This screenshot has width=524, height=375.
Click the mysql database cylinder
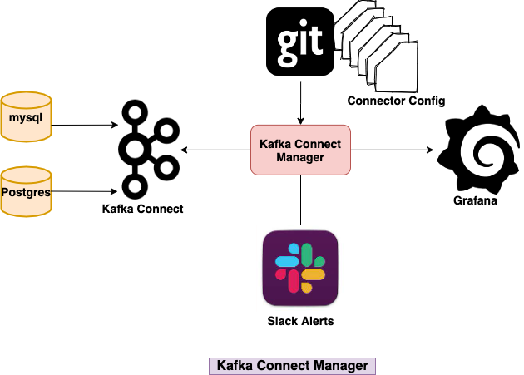(x=26, y=117)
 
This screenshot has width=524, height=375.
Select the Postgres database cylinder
(x=26, y=192)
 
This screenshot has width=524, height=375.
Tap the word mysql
(x=26, y=117)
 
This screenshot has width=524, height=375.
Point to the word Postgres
(x=27, y=193)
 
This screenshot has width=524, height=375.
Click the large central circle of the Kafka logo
(x=135, y=150)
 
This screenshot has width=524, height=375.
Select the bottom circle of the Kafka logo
(x=133, y=185)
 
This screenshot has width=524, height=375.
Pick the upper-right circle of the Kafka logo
(x=166, y=131)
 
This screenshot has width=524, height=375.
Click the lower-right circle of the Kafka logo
(x=166, y=168)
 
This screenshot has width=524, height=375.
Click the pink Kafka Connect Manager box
(x=300, y=150)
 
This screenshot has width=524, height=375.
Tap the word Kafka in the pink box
(x=275, y=144)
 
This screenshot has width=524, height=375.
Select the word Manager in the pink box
(x=300, y=157)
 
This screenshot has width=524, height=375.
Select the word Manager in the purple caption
(x=339, y=366)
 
